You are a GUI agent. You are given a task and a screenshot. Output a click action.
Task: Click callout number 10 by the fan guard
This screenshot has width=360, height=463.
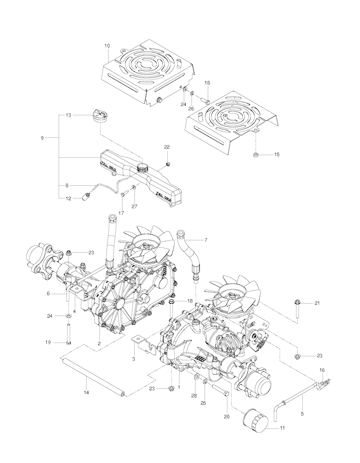click(107, 46)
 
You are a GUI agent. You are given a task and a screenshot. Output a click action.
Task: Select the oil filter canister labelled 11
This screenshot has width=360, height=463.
click(255, 418)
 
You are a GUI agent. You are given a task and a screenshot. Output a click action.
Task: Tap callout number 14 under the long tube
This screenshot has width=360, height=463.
click(86, 392)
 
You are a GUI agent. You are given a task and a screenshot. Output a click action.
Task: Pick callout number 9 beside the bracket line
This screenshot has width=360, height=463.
click(42, 138)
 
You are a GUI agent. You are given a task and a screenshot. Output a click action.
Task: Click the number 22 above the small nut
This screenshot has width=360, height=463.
click(167, 146)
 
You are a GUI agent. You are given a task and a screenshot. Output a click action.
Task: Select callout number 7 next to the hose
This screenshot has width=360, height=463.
click(206, 240)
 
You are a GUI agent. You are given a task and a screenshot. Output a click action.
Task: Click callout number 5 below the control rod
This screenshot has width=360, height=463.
click(302, 414)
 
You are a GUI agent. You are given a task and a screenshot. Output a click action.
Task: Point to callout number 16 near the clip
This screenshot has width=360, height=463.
click(322, 370)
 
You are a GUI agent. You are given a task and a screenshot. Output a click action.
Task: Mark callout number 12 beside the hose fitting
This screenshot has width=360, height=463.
click(68, 198)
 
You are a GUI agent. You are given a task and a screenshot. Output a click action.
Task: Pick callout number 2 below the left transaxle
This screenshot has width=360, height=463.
click(99, 343)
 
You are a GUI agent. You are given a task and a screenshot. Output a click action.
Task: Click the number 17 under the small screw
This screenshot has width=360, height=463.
click(122, 213)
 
